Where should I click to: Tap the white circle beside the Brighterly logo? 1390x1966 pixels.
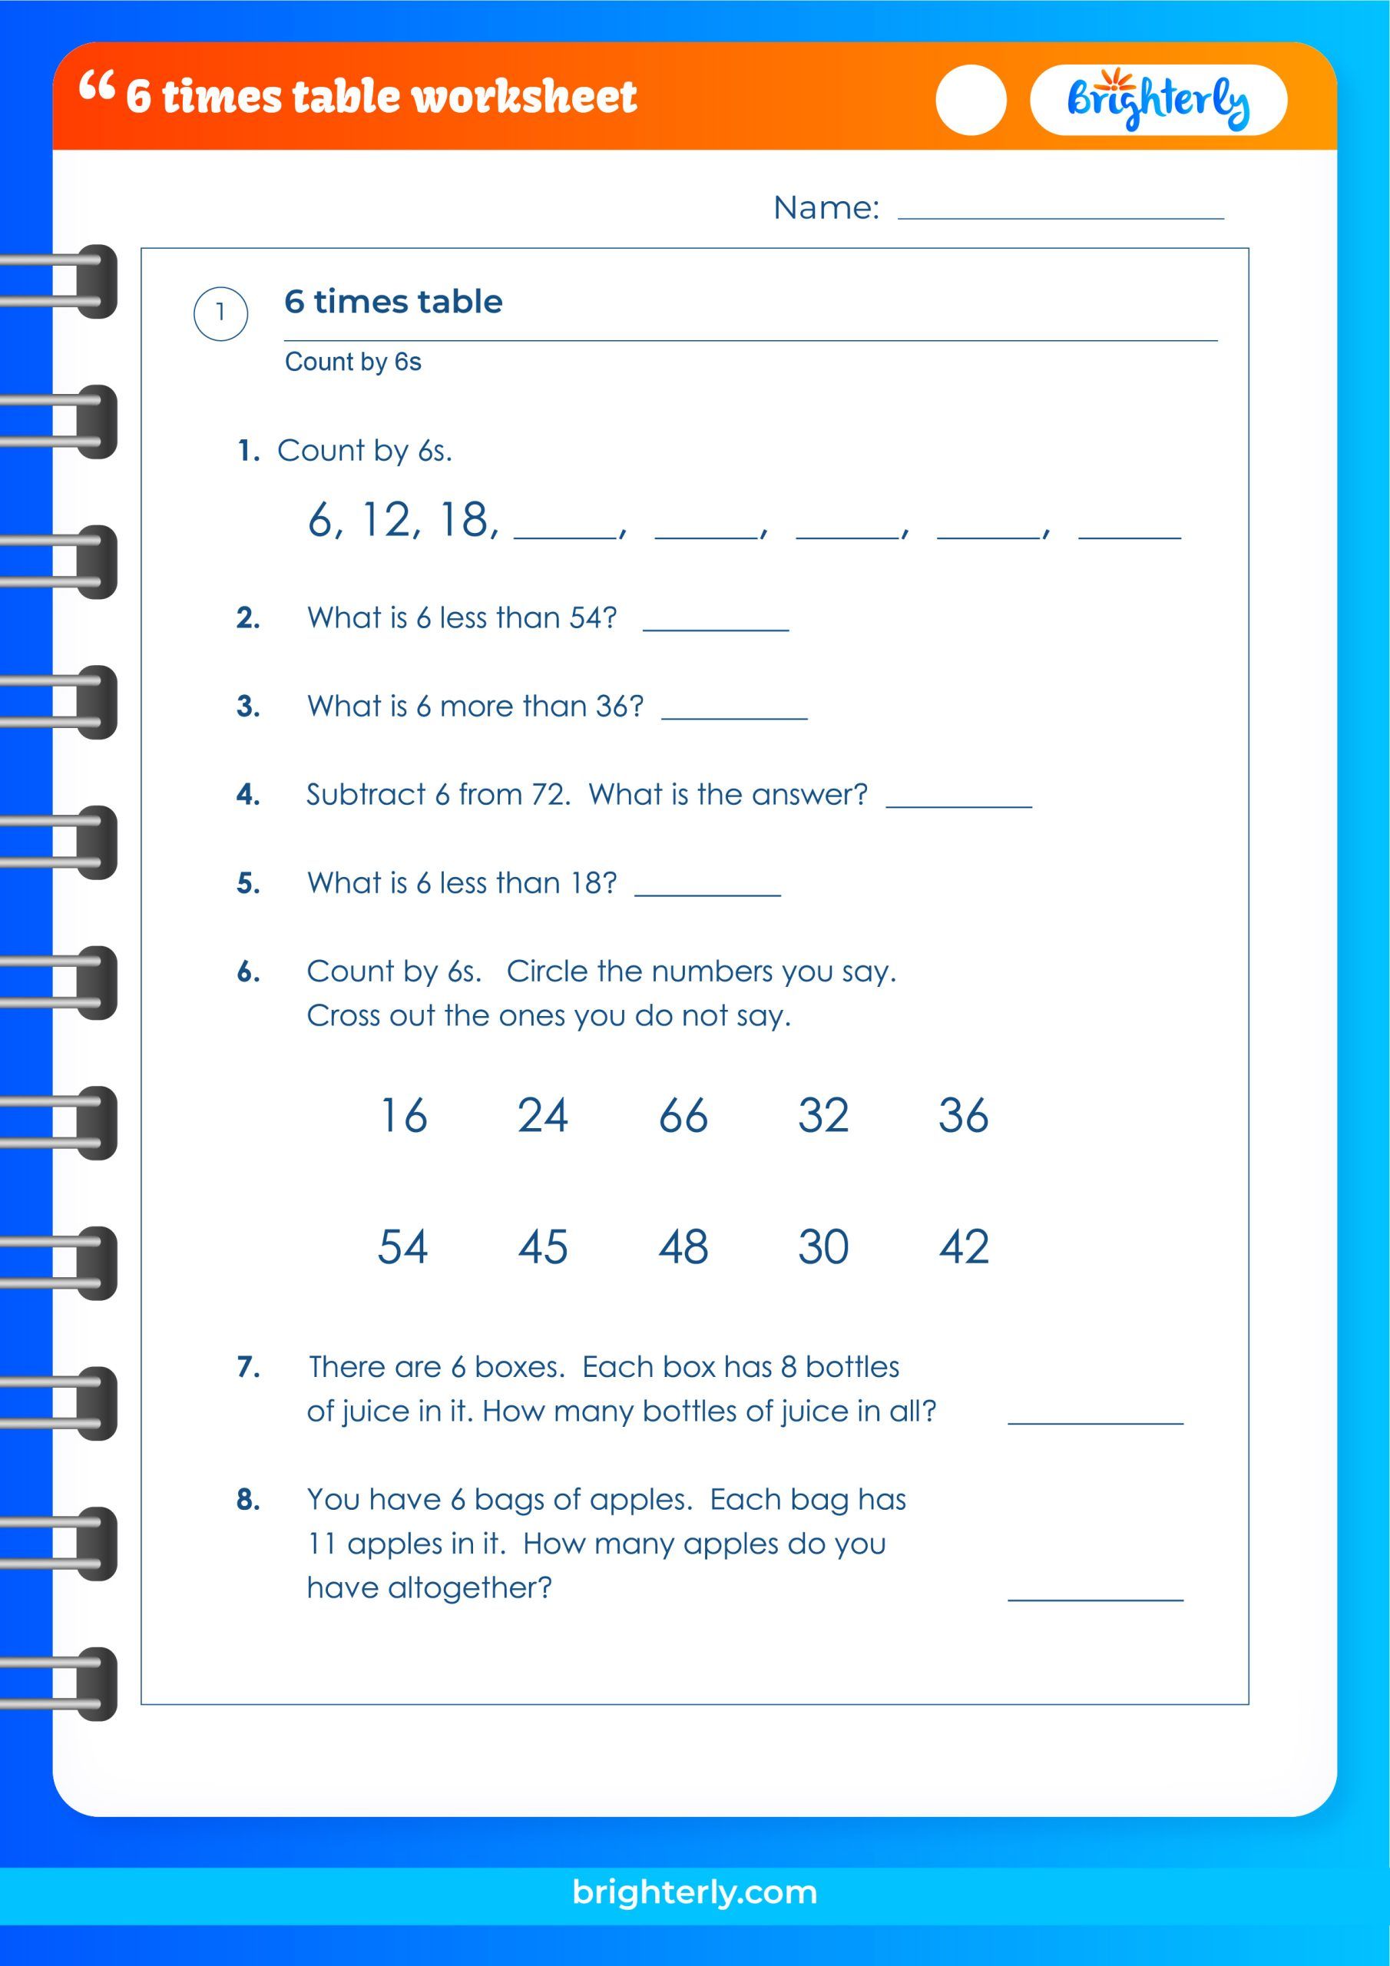click(971, 100)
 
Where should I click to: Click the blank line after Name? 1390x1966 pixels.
click(1061, 214)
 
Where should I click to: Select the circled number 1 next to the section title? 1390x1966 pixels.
click(220, 313)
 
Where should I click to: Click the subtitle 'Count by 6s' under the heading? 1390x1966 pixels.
click(352, 362)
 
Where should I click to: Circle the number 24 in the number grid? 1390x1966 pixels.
click(542, 1115)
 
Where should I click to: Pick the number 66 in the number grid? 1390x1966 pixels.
click(683, 1115)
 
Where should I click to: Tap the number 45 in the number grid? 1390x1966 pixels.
click(542, 1246)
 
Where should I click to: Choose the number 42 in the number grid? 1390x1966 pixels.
click(964, 1246)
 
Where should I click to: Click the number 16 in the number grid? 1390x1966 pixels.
click(402, 1115)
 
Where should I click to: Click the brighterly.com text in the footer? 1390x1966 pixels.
click(694, 1892)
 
